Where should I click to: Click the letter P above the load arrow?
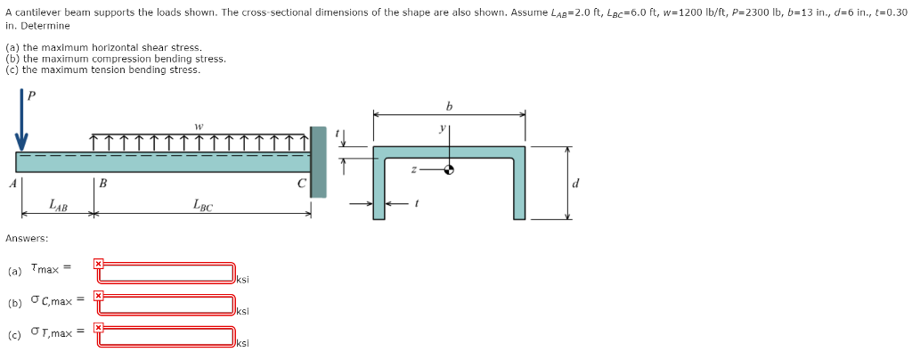(x=33, y=95)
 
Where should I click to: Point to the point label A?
(x=12, y=184)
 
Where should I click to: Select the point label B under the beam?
(x=102, y=184)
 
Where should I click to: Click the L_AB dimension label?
(x=58, y=205)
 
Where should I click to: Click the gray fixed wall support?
(x=318, y=161)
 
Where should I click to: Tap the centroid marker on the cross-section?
(x=450, y=170)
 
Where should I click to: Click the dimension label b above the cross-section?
(x=448, y=105)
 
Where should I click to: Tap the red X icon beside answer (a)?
(x=99, y=264)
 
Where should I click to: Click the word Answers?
(x=27, y=238)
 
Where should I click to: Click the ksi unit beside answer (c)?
(x=242, y=343)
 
